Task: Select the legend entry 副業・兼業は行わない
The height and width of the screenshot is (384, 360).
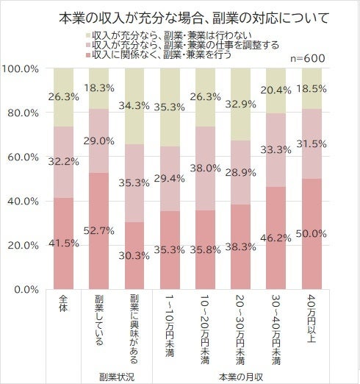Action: point(173,35)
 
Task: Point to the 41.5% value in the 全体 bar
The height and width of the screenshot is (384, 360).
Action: point(64,243)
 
